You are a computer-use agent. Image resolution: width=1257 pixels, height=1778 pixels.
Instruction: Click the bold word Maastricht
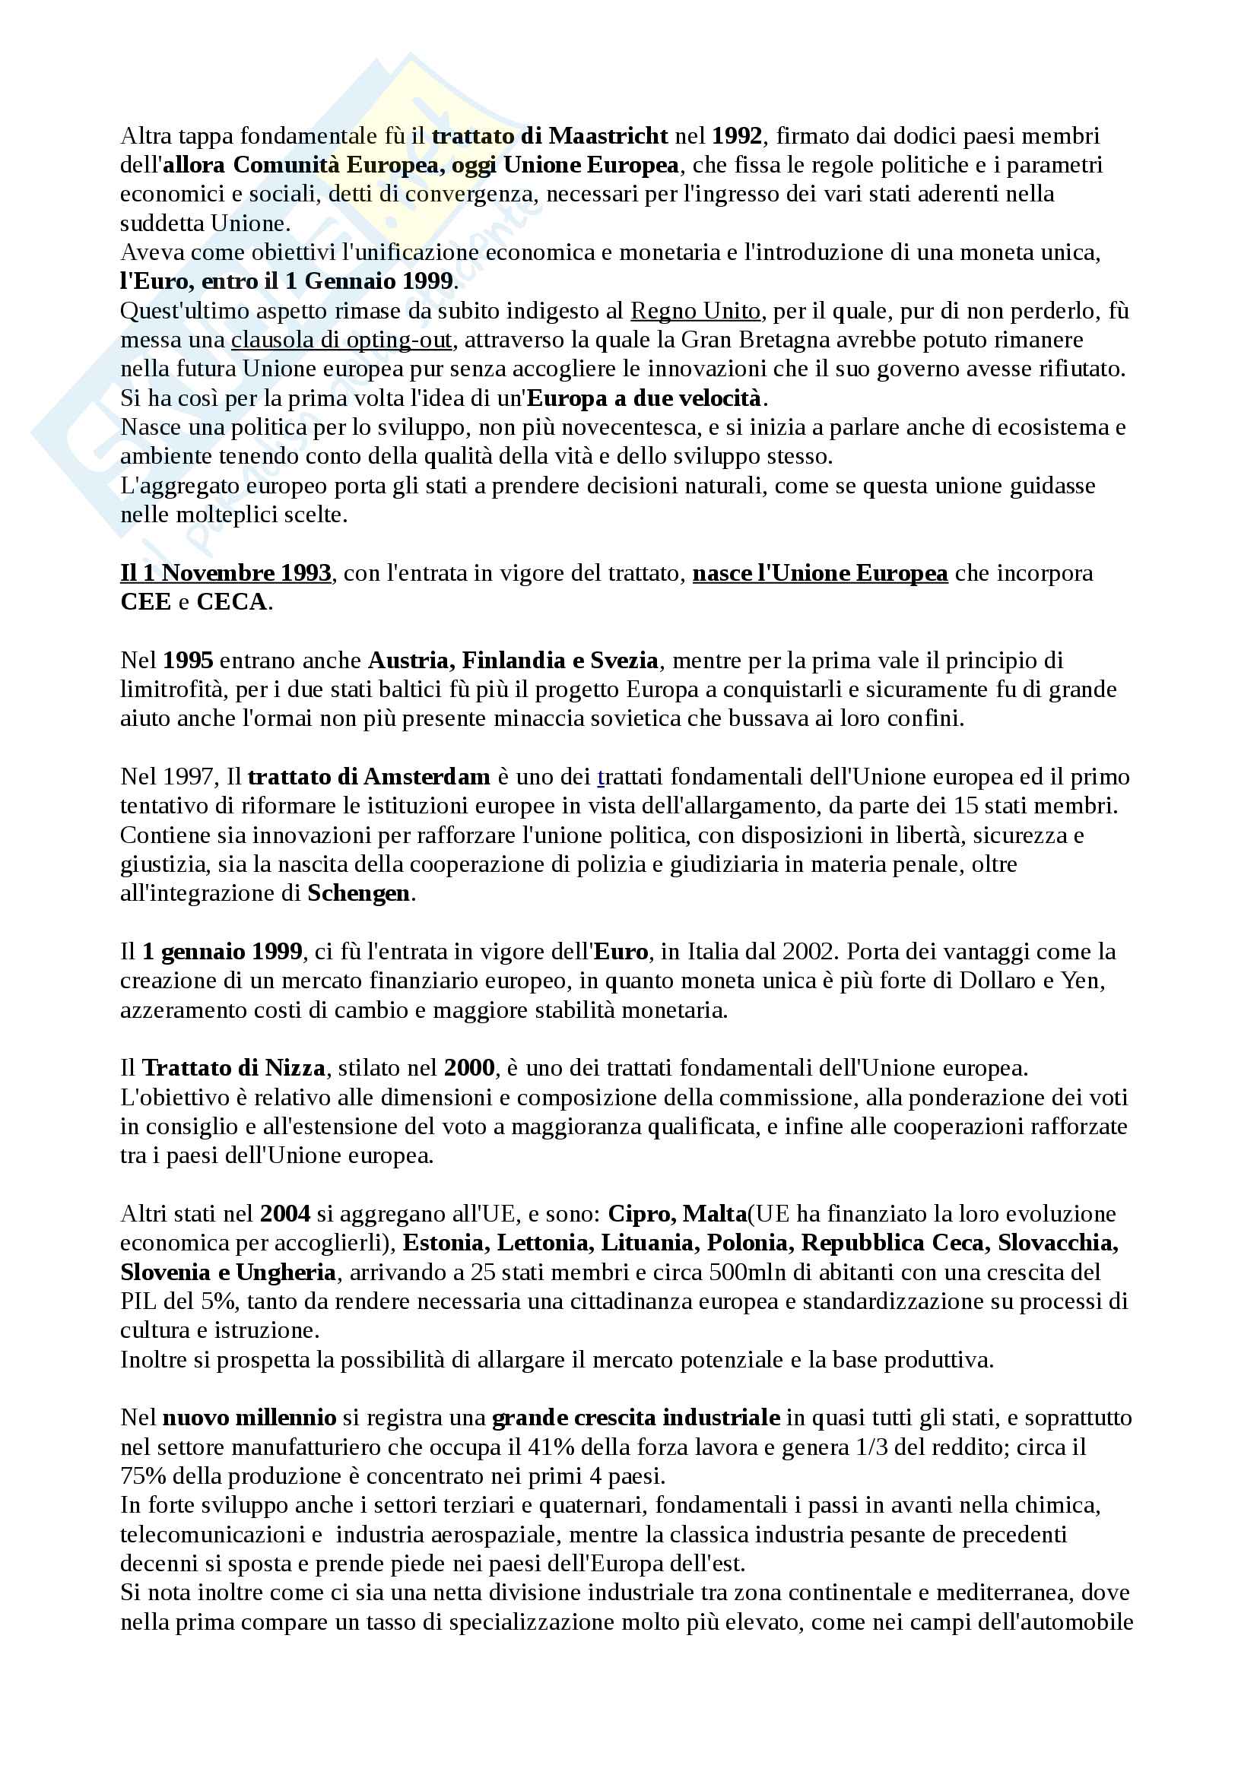click(x=608, y=136)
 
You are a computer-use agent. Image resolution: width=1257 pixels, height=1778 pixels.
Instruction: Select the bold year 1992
click(x=737, y=136)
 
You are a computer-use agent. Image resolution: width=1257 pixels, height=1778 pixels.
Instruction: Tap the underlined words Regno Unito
click(x=695, y=312)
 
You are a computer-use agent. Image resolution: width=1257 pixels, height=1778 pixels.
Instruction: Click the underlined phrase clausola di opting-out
click(x=341, y=340)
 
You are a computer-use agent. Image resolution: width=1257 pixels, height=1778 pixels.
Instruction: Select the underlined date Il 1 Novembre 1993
click(x=225, y=573)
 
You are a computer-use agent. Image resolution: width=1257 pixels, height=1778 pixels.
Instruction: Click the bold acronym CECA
click(x=232, y=603)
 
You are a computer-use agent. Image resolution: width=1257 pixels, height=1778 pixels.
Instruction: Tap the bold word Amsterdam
click(x=426, y=777)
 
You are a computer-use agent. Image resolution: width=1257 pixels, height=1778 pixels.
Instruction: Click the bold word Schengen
click(x=359, y=894)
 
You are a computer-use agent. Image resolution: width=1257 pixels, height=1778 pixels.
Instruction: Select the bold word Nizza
click(x=295, y=1069)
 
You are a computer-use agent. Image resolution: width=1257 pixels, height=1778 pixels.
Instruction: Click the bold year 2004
click(x=285, y=1214)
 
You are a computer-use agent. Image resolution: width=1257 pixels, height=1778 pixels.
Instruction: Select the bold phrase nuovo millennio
click(x=249, y=1418)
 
